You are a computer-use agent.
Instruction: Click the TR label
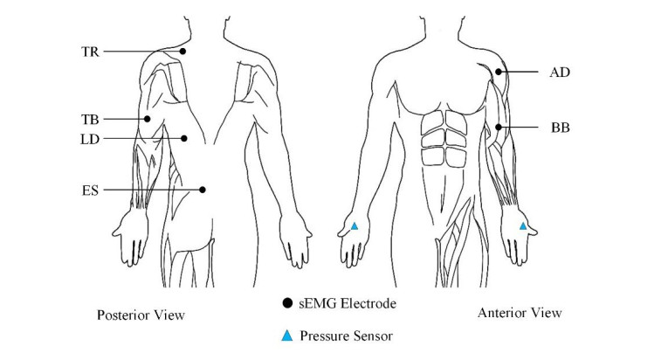[89, 52]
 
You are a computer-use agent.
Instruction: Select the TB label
[89, 119]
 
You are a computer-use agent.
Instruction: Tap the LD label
[89, 138]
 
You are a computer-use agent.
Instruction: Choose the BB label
[560, 128]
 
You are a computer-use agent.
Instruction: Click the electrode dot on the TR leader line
[183, 52]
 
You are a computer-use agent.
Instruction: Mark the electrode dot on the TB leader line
[148, 119]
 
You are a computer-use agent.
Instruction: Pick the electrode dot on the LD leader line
[183, 138]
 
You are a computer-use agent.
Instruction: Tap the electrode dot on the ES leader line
[202, 189]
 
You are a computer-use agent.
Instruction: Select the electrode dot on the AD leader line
[498, 72]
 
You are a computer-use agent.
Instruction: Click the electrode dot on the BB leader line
[498, 128]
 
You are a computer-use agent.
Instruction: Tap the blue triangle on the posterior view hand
[355, 226]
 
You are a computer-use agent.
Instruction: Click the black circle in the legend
[288, 304]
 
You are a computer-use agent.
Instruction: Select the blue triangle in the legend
[288, 335]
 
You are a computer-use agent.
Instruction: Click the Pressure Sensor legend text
[344, 335]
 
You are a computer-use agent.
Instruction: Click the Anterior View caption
[520, 312]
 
